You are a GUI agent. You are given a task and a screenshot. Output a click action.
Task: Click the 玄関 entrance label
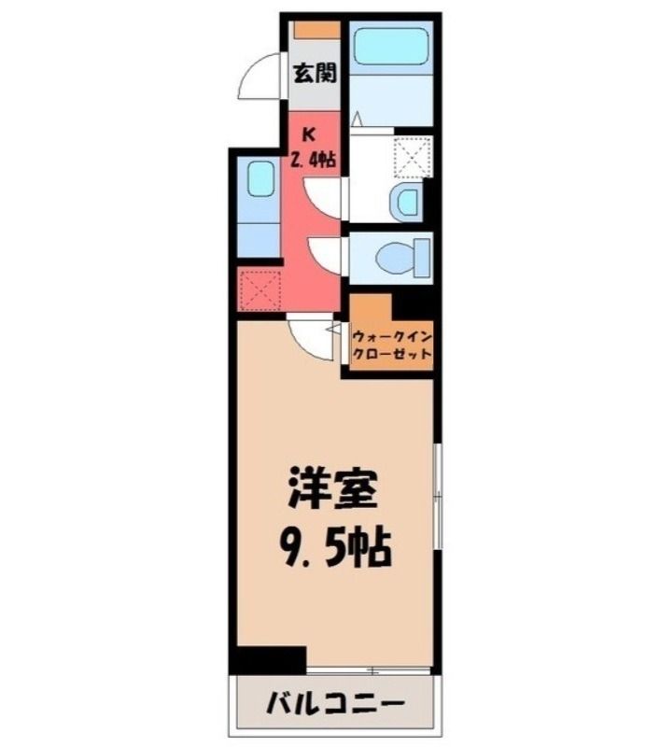[x=315, y=73]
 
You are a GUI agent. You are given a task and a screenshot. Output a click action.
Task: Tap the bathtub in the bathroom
[x=391, y=46]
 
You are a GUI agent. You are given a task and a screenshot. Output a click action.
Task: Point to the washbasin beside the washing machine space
[x=407, y=202]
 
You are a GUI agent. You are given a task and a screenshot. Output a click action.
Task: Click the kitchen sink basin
[x=260, y=178]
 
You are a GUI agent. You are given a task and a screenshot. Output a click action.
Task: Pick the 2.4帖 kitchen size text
[x=314, y=159]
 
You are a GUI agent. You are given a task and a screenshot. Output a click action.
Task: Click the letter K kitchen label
[x=309, y=134]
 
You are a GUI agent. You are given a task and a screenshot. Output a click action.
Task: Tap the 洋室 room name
[x=333, y=487]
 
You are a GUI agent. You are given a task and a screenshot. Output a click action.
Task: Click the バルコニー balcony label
[x=335, y=703]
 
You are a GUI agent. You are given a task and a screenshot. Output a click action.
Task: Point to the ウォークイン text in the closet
[x=392, y=337]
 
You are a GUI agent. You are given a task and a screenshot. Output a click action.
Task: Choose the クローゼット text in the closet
[x=392, y=354]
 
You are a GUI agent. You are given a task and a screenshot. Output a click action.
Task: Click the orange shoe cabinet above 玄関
[x=316, y=30]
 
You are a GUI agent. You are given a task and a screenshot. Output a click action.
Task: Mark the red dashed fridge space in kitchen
[x=260, y=289]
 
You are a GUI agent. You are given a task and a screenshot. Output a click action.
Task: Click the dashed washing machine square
[x=413, y=156]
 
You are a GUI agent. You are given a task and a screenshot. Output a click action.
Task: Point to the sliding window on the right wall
[x=438, y=497]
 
